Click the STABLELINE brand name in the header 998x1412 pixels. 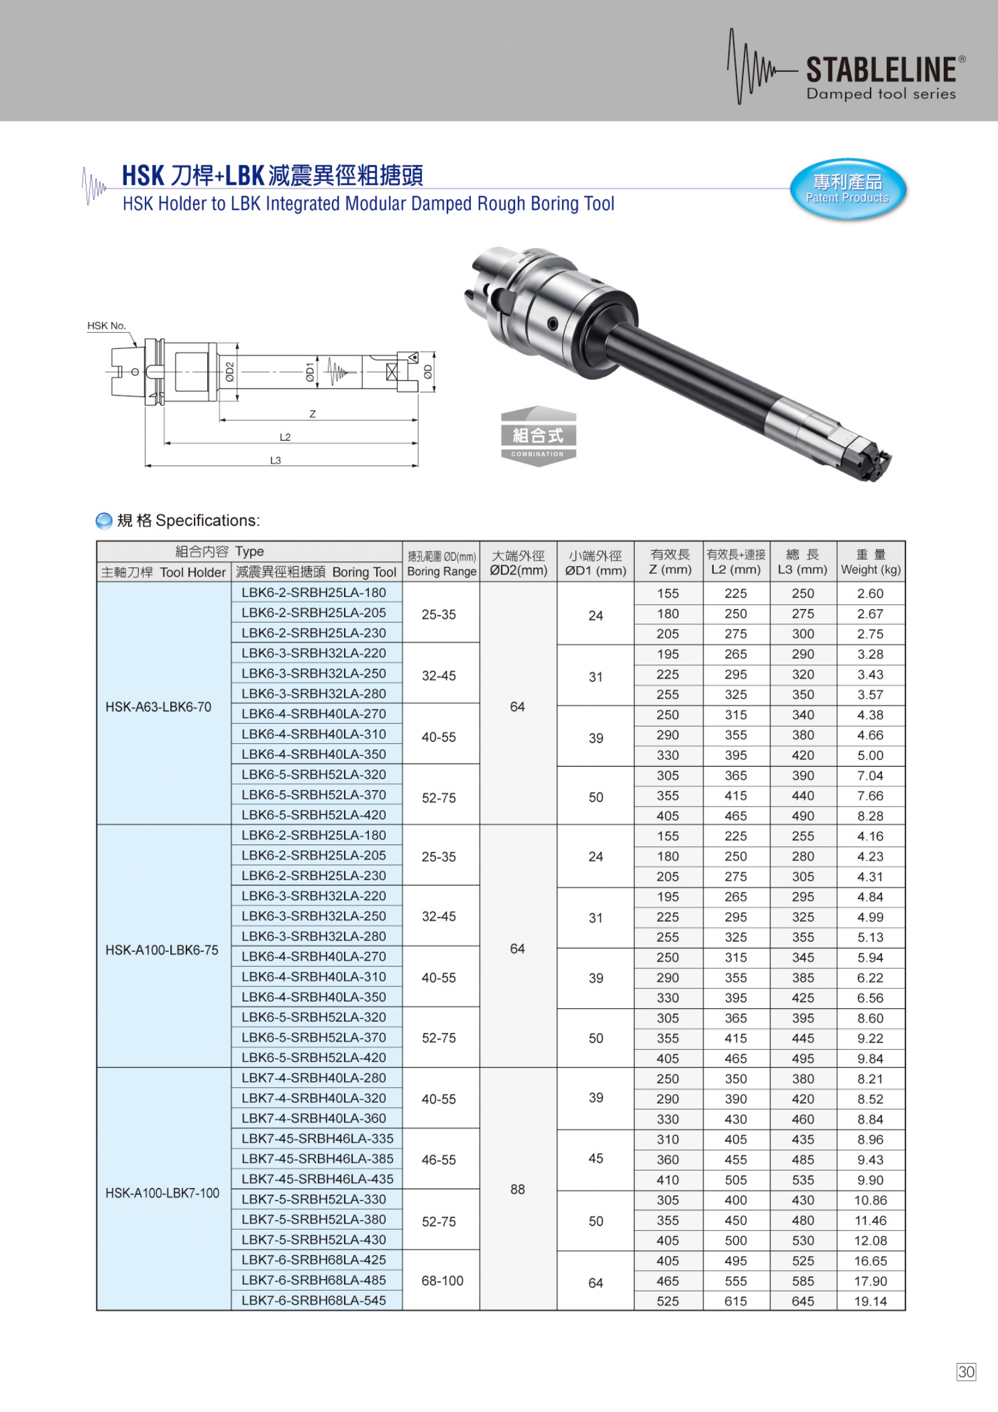click(880, 69)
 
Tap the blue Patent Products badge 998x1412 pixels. click(847, 189)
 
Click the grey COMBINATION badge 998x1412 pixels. click(538, 436)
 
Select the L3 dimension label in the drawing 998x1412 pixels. click(275, 460)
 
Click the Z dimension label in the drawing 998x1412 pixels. click(312, 414)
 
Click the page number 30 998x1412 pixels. click(966, 1372)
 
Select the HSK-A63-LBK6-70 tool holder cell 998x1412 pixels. click(158, 707)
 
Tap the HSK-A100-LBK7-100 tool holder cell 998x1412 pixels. click(162, 1193)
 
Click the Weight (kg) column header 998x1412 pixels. click(870, 561)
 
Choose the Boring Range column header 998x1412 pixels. click(441, 563)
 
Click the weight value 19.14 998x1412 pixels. click(870, 1301)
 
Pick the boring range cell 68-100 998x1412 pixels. click(442, 1280)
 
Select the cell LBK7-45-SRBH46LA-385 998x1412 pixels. click(318, 1158)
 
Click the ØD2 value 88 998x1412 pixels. click(518, 1189)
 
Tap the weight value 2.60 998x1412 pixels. click(870, 593)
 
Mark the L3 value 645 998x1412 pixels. click(802, 1301)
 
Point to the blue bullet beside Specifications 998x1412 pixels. click(104, 521)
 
